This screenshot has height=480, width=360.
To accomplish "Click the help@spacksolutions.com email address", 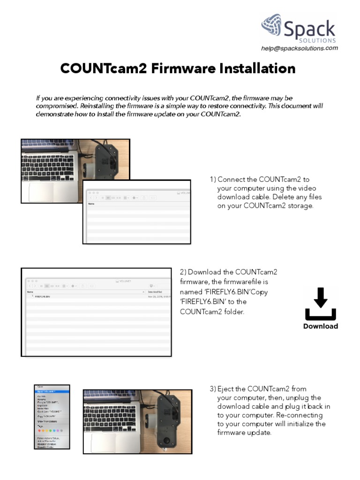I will pyautogui.click(x=299, y=48).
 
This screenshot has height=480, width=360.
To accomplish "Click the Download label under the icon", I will pyautogui.click(x=320, y=326).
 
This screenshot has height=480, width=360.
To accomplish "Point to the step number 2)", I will pyautogui.click(x=183, y=272).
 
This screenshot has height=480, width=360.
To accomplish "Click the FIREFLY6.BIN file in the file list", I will pyautogui.click(x=42, y=297).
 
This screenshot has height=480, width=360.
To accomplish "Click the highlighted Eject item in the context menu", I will pyautogui.click(x=47, y=391).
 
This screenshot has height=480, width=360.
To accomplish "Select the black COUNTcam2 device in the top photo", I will pyautogui.click(x=107, y=159).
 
